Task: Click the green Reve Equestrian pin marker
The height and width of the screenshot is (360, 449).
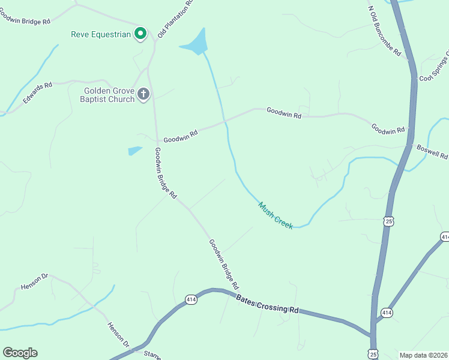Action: [x=140, y=33]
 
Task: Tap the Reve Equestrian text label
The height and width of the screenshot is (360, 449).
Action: [x=101, y=34]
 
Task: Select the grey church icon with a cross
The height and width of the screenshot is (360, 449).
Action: [x=143, y=94]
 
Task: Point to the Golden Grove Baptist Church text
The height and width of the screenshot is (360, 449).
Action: [x=108, y=95]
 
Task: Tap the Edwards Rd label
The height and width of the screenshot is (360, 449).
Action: [x=37, y=94]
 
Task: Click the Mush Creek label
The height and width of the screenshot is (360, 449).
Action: [x=276, y=215]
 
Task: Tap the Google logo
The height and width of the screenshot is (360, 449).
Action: [x=20, y=353]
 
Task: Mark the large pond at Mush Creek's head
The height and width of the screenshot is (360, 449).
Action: [x=195, y=44]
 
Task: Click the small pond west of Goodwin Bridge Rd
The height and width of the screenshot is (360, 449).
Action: [x=135, y=151]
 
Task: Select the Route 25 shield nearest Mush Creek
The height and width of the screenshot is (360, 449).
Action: [x=389, y=222]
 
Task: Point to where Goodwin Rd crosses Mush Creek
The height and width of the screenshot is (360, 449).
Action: [x=225, y=121]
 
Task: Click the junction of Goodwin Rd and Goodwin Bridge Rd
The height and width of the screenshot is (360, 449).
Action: [x=157, y=141]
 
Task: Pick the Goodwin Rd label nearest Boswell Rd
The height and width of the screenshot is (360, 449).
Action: [x=388, y=129]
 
